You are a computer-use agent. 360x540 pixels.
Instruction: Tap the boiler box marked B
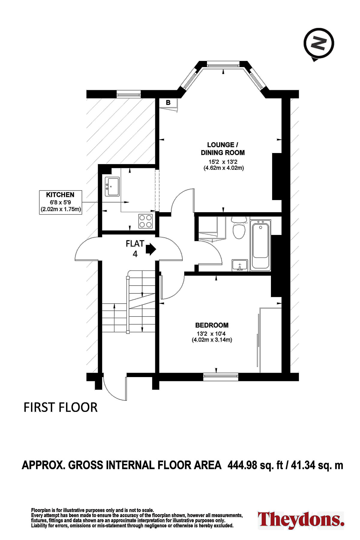coord(168,103)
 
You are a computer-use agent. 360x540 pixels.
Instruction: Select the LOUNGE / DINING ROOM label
coord(223,149)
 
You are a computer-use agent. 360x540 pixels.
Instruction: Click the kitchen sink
coord(112,187)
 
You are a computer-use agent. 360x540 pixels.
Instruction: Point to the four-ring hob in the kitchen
coord(145,221)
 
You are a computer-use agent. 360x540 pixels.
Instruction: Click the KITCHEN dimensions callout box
coord(61,202)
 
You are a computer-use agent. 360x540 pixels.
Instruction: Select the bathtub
coord(260,244)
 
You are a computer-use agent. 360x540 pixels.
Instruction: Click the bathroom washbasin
coord(240,265)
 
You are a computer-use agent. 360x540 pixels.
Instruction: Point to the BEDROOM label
coord(212,325)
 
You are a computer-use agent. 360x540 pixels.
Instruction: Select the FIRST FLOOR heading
coord(61,407)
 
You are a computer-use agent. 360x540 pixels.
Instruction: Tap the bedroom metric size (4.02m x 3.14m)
coord(212,340)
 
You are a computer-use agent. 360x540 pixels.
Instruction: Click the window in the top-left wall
coord(128,94)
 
